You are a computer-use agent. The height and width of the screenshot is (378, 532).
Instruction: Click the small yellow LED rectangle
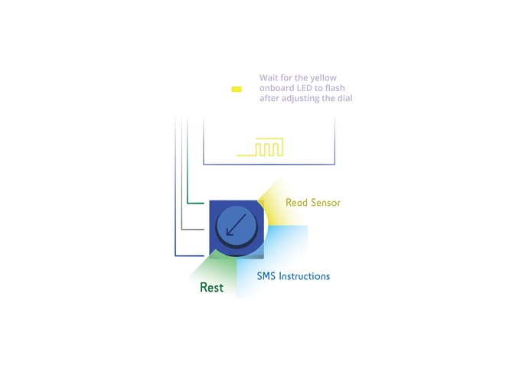point(237,89)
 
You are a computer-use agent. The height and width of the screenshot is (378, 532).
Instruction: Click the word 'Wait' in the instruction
point(269,78)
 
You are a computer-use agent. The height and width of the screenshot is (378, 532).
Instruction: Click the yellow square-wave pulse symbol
point(260,148)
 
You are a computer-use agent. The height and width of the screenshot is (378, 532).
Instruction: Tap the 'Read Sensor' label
point(312,203)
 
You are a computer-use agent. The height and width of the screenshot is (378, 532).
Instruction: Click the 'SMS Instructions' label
point(293,275)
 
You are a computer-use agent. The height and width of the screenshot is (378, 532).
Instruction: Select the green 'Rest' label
point(211,288)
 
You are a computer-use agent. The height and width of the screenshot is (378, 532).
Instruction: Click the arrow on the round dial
point(237,226)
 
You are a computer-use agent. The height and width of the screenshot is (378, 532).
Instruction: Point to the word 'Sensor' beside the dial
point(325,203)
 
